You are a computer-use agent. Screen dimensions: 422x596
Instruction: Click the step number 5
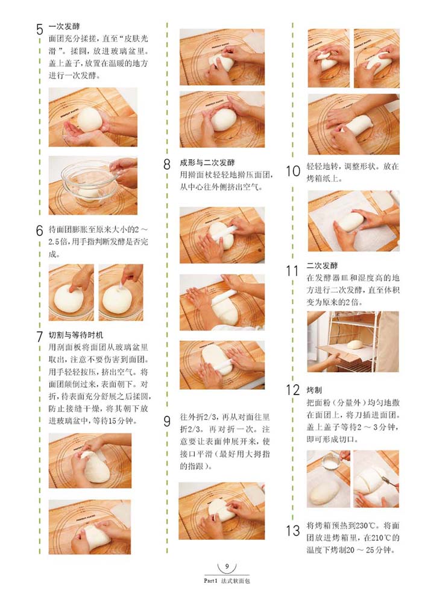(40, 30)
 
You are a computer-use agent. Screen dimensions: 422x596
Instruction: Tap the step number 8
(167, 164)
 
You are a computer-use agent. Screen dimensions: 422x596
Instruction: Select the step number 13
(293, 531)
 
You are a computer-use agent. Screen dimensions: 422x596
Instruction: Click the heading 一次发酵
(64, 27)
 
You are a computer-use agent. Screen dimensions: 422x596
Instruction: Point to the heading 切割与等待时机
(75, 335)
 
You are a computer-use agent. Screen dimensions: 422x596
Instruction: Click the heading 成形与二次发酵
(207, 163)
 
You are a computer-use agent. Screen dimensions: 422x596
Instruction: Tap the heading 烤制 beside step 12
(314, 390)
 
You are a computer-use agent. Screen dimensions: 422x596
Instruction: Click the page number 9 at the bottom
(227, 566)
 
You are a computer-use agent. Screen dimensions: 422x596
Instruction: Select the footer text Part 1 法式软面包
(227, 581)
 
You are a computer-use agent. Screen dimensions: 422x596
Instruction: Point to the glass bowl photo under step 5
(93, 185)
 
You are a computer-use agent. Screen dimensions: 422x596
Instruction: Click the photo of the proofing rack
(353, 341)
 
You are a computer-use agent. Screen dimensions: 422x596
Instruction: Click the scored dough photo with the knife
(376, 479)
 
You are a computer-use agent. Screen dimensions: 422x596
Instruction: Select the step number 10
(293, 171)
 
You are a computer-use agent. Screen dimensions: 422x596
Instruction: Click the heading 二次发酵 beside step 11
(322, 265)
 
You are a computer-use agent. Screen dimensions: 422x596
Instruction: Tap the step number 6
(40, 230)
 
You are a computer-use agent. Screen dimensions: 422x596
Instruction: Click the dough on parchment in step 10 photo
(351, 222)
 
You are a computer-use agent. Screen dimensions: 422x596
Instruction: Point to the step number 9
(167, 422)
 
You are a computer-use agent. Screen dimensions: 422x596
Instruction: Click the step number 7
(40, 337)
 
